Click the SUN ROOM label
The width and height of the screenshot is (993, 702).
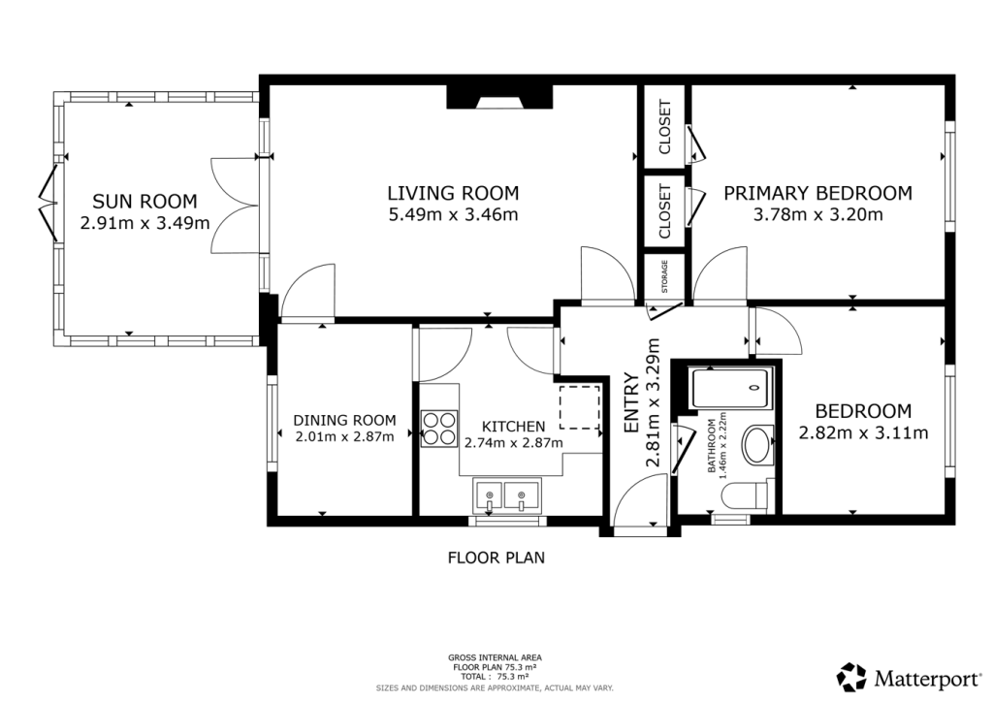144,202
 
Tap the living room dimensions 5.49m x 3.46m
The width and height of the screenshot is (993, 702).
453,214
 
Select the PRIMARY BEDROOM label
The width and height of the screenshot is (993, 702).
817,193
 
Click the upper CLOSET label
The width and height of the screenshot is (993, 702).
665,127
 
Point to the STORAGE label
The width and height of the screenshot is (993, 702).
665,276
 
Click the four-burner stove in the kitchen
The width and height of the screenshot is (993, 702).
439,428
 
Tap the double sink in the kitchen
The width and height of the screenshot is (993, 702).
506,495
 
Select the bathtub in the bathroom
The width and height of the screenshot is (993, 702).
731,389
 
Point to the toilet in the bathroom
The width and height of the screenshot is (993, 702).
746,495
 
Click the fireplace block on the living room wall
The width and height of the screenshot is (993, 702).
498,96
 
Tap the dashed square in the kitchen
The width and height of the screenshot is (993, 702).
580,406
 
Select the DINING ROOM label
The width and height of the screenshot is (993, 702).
344,420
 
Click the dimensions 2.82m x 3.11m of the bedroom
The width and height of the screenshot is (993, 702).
863,432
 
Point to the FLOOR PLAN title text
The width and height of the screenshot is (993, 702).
496,558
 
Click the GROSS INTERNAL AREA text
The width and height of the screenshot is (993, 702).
496,656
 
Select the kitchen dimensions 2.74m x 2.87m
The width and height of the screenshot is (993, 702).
513,442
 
